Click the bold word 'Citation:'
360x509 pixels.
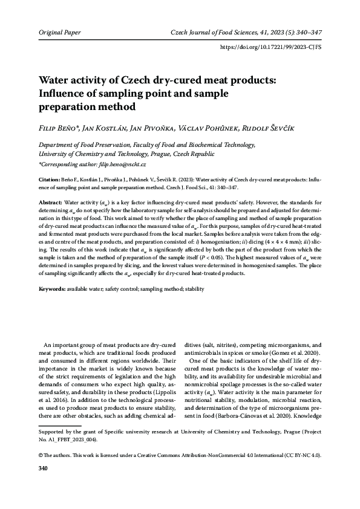(49, 180)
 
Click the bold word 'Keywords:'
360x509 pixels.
(53, 290)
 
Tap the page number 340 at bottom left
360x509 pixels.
(44, 485)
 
